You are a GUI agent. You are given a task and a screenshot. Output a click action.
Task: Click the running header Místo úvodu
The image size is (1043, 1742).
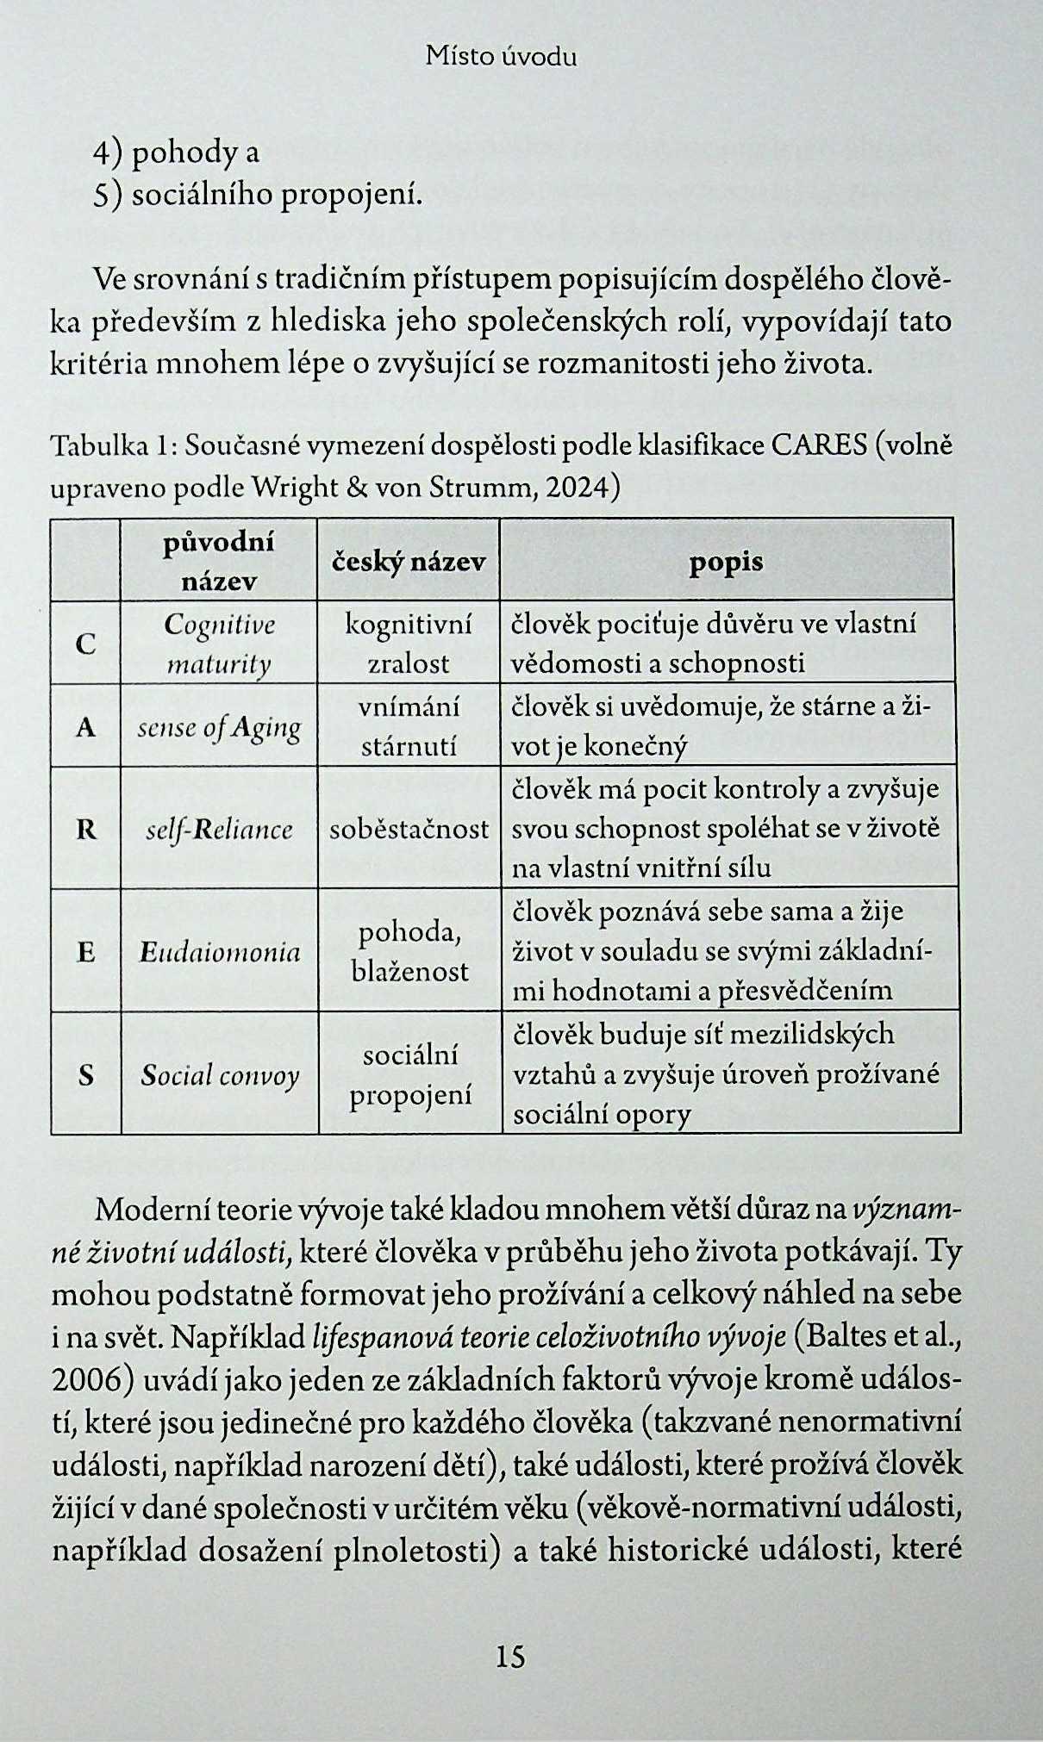pos(501,57)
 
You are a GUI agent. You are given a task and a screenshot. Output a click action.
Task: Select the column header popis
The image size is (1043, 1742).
pos(726,562)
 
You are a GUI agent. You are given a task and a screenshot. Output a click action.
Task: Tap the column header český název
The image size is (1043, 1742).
pos(409,562)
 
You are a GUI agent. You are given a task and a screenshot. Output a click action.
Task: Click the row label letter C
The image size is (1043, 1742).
pos(85,644)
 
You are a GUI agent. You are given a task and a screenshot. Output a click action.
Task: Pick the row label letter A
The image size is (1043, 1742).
pos(85,728)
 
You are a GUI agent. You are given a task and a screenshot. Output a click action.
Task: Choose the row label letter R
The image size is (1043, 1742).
pos(85,829)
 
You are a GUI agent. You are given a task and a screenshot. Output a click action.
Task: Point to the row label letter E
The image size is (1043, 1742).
pos(85,951)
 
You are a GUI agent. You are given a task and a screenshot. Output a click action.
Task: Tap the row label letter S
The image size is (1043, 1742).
pos(85,1074)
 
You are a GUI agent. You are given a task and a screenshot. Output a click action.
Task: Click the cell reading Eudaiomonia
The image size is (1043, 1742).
pos(220,951)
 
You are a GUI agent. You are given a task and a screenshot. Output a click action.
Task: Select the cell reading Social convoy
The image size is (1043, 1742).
pos(220,1074)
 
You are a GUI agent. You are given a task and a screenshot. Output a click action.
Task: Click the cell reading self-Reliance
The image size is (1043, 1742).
pos(219,829)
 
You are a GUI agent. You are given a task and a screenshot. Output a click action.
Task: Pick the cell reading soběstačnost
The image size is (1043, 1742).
pos(409,829)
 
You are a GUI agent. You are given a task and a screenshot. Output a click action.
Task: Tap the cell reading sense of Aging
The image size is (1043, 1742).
pos(219,728)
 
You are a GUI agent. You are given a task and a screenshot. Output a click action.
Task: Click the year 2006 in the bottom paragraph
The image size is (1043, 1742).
pos(86,1379)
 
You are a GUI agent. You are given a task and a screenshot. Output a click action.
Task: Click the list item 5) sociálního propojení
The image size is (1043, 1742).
pos(258,195)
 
